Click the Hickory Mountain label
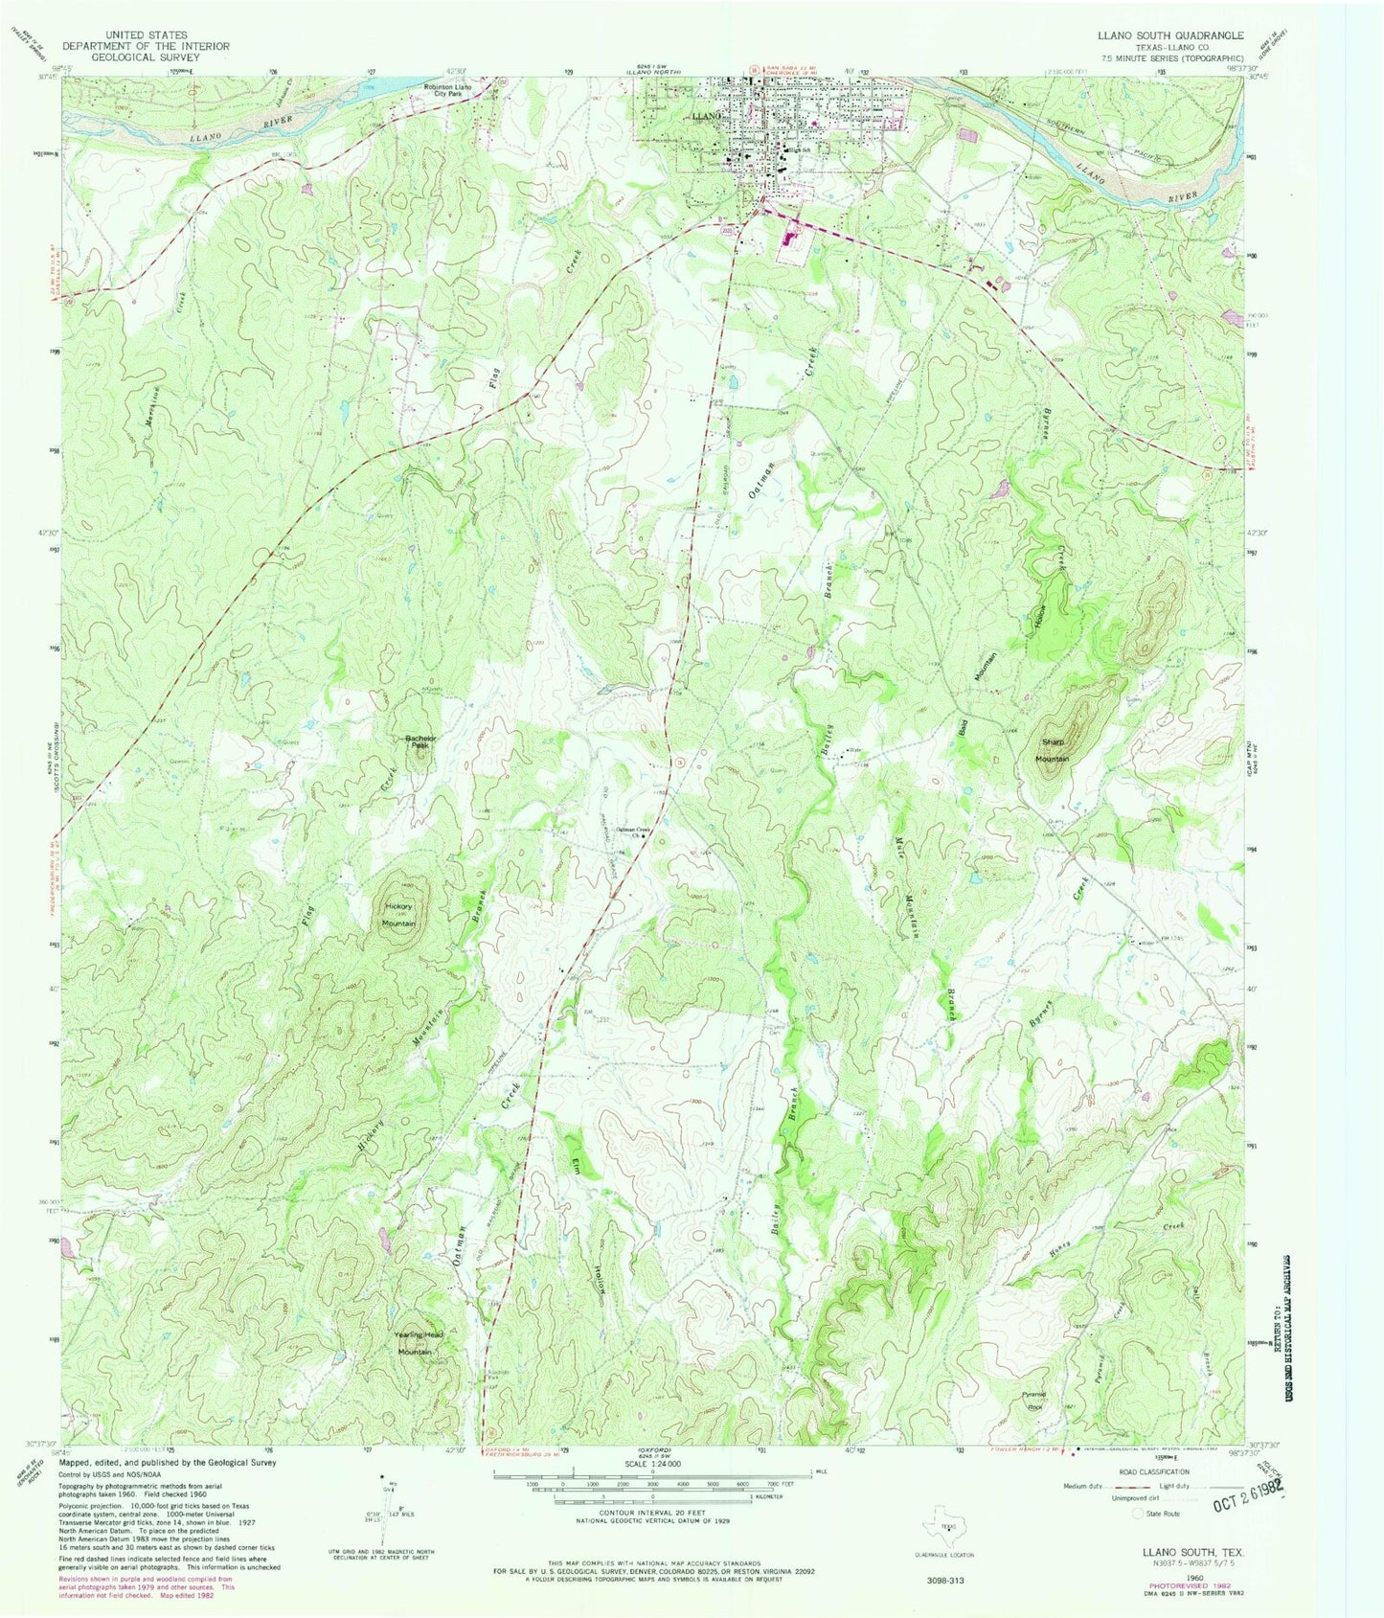(398, 914)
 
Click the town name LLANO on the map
(704, 115)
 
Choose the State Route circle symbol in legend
(1138, 1514)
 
